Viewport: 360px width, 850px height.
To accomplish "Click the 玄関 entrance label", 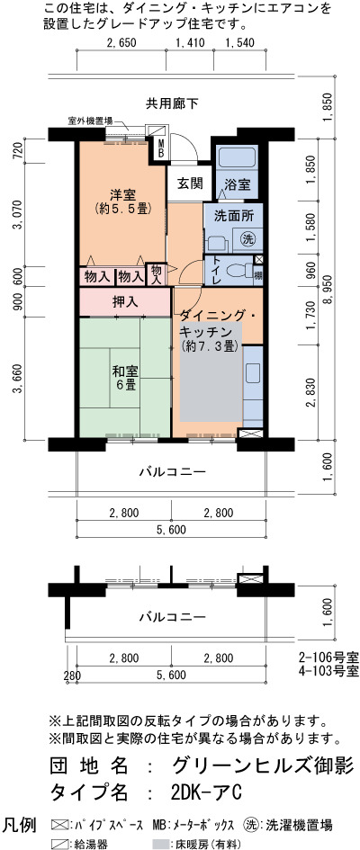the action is [184, 183].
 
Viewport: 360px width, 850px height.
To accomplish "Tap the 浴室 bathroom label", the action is [238, 183].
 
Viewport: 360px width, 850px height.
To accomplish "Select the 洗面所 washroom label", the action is [234, 215].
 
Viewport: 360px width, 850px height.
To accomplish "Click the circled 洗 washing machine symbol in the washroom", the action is [247, 238].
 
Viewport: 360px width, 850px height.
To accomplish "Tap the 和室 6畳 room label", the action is [125, 378].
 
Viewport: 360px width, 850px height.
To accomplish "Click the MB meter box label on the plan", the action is [161, 148].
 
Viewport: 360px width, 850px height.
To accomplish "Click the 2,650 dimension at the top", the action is [121, 43].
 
